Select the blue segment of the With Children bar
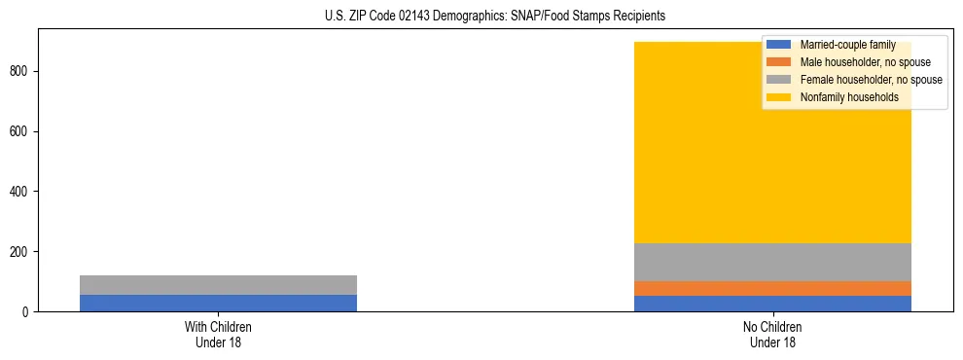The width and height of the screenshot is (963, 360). [218, 303]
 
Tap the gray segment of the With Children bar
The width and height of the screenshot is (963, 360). [218, 285]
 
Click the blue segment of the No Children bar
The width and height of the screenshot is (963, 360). [772, 304]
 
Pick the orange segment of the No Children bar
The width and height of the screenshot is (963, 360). [772, 288]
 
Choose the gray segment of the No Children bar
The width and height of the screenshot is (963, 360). [772, 262]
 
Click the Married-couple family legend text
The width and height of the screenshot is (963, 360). [847, 45]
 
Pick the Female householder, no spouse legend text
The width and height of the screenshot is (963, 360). [871, 80]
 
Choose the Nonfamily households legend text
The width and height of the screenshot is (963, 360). [849, 97]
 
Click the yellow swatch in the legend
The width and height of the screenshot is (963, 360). [778, 97]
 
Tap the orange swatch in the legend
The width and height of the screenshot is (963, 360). [778, 62]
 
